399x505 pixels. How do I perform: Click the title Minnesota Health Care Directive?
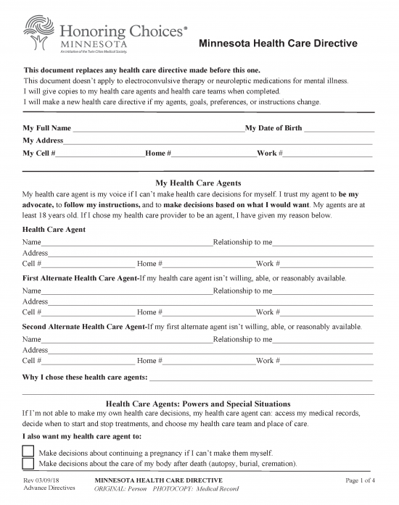point(278,43)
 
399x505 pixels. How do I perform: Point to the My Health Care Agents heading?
point(199,183)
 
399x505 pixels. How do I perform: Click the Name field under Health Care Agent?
point(127,243)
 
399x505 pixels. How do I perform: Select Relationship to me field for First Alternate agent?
point(323,291)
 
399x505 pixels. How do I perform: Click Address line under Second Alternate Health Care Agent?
point(210,350)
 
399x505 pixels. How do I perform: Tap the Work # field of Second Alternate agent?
point(326,361)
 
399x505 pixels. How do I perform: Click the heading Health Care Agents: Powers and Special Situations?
point(199,404)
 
